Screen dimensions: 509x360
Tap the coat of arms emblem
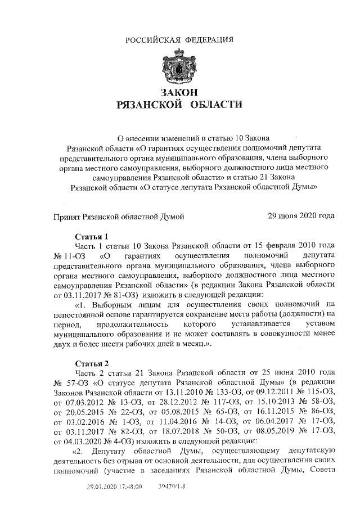[180, 66]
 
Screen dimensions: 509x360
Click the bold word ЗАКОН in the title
[180, 92]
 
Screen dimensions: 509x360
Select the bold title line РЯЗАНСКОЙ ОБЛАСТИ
[180, 105]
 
